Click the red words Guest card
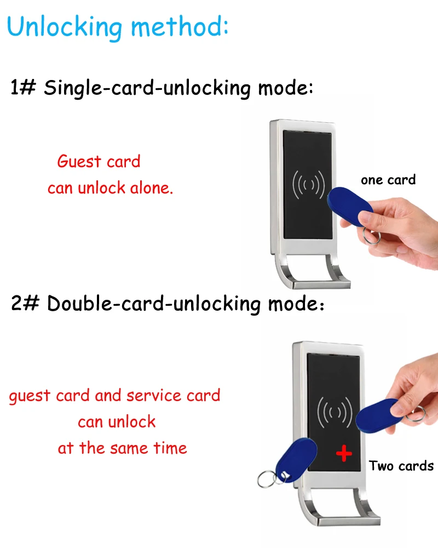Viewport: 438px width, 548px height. [x=99, y=162]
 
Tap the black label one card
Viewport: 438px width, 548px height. [x=388, y=180]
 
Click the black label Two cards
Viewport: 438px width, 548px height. [x=401, y=466]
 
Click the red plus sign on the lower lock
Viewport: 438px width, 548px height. [x=343, y=453]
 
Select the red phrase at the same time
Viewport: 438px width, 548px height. [x=122, y=448]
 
